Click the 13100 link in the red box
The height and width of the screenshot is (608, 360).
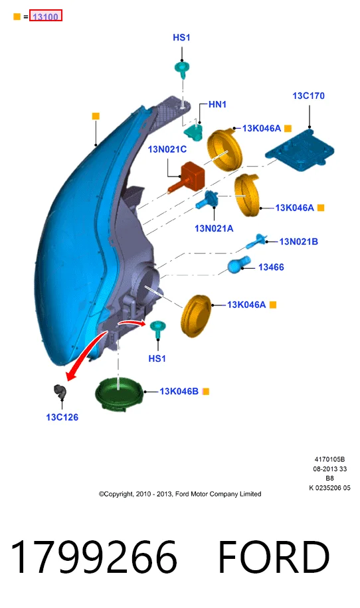[45, 17]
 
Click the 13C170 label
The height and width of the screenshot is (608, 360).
[308, 96]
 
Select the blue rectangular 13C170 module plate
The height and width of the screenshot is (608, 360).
[300, 149]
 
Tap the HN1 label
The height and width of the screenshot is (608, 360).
[217, 104]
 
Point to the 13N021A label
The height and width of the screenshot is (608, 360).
[214, 228]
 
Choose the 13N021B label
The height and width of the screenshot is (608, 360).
[299, 242]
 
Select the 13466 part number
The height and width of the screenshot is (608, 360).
[271, 267]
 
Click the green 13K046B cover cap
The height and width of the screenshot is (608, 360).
[119, 392]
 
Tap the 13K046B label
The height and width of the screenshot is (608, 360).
[179, 391]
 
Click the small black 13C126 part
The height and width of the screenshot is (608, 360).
[60, 391]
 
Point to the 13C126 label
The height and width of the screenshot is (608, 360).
[62, 418]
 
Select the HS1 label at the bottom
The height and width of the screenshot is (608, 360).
[157, 358]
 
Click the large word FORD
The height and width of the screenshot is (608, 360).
[274, 557]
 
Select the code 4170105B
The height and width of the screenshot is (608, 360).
[329, 459]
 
